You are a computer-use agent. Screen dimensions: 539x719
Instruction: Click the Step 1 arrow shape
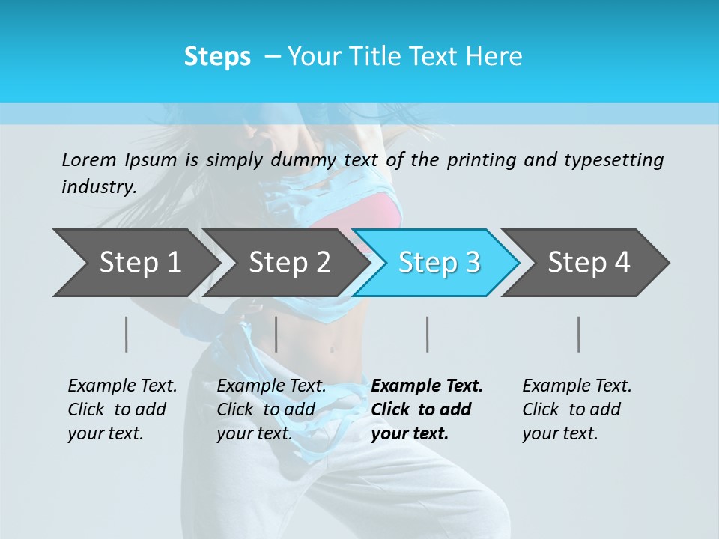click(x=135, y=263)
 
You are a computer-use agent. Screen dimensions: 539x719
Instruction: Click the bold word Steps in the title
click(x=217, y=57)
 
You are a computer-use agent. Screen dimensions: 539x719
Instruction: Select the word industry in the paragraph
click(x=98, y=187)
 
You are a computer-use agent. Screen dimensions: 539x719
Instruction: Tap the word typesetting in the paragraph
click(x=613, y=160)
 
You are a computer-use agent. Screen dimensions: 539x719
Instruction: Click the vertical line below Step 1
click(x=127, y=334)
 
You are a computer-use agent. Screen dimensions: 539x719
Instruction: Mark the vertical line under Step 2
click(x=276, y=334)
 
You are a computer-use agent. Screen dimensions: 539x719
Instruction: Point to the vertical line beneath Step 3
click(x=428, y=334)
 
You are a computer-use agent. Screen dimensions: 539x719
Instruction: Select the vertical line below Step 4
click(x=579, y=334)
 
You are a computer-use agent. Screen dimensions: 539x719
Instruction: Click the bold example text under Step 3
click(x=427, y=409)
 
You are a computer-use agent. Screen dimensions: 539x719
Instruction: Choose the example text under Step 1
click(x=122, y=409)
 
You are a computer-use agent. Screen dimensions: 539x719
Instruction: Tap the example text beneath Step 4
click(x=577, y=409)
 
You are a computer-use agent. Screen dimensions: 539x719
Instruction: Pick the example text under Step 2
click(x=271, y=409)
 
